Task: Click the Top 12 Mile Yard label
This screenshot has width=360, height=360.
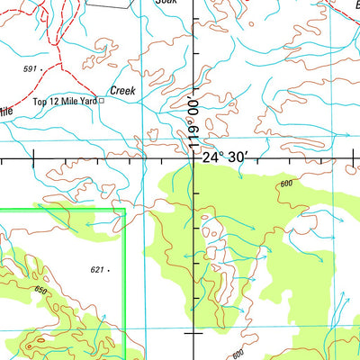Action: point(65,102)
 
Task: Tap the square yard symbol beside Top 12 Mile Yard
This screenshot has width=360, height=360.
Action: point(102,101)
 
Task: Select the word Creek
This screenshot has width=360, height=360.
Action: point(121,91)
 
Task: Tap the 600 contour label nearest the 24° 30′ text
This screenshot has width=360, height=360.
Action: point(286,184)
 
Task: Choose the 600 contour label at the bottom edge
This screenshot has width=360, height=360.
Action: point(237,354)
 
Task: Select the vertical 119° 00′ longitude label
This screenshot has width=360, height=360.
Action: point(191,121)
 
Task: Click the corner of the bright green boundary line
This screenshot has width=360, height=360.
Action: point(124,210)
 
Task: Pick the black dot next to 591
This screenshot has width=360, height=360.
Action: point(41,68)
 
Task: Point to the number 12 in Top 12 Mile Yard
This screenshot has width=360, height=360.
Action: point(54,102)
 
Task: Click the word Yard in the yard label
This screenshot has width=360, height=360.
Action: point(87,102)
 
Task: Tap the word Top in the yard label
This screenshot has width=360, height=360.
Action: point(40,102)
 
